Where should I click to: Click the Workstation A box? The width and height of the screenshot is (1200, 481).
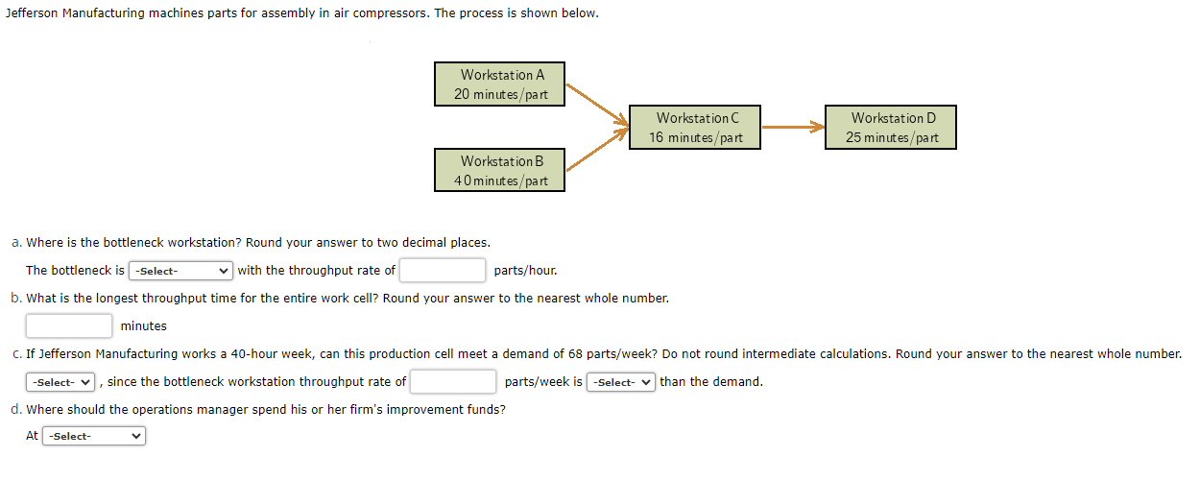pyautogui.click(x=499, y=84)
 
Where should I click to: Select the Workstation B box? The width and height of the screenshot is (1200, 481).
pyautogui.click(x=499, y=170)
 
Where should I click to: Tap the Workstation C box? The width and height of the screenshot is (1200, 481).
pyautogui.click(x=695, y=127)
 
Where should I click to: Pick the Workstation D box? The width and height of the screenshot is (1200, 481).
pyautogui.click(x=892, y=127)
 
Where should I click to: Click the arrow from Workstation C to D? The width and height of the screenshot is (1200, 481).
pyautogui.click(x=793, y=127)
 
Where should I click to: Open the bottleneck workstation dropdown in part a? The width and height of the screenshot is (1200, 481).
pyautogui.click(x=181, y=271)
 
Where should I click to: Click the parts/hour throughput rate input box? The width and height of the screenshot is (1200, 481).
pyautogui.click(x=443, y=271)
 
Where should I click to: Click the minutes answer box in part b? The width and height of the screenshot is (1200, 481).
pyautogui.click(x=69, y=326)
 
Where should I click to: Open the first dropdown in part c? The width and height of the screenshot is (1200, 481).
pyautogui.click(x=61, y=382)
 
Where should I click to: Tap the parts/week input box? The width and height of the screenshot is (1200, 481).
pyautogui.click(x=453, y=382)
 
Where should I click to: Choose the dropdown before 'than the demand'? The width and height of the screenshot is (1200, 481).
pyautogui.click(x=621, y=382)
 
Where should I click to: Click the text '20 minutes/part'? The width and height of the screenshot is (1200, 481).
pyautogui.click(x=501, y=95)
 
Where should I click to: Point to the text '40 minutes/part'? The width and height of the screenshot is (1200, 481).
pyautogui.click(x=501, y=181)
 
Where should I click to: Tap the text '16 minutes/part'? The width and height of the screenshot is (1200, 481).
pyautogui.click(x=696, y=138)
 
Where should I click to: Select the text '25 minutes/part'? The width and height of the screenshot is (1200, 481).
pyautogui.click(x=893, y=138)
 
